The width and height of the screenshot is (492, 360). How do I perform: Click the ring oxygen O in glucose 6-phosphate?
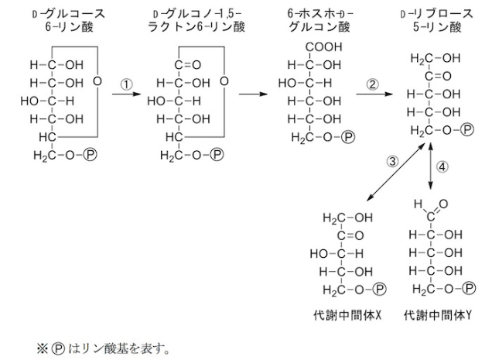[97, 81]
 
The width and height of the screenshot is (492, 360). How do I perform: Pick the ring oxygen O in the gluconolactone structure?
[223, 81]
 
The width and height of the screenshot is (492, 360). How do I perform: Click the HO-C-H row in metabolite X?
[338, 252]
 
